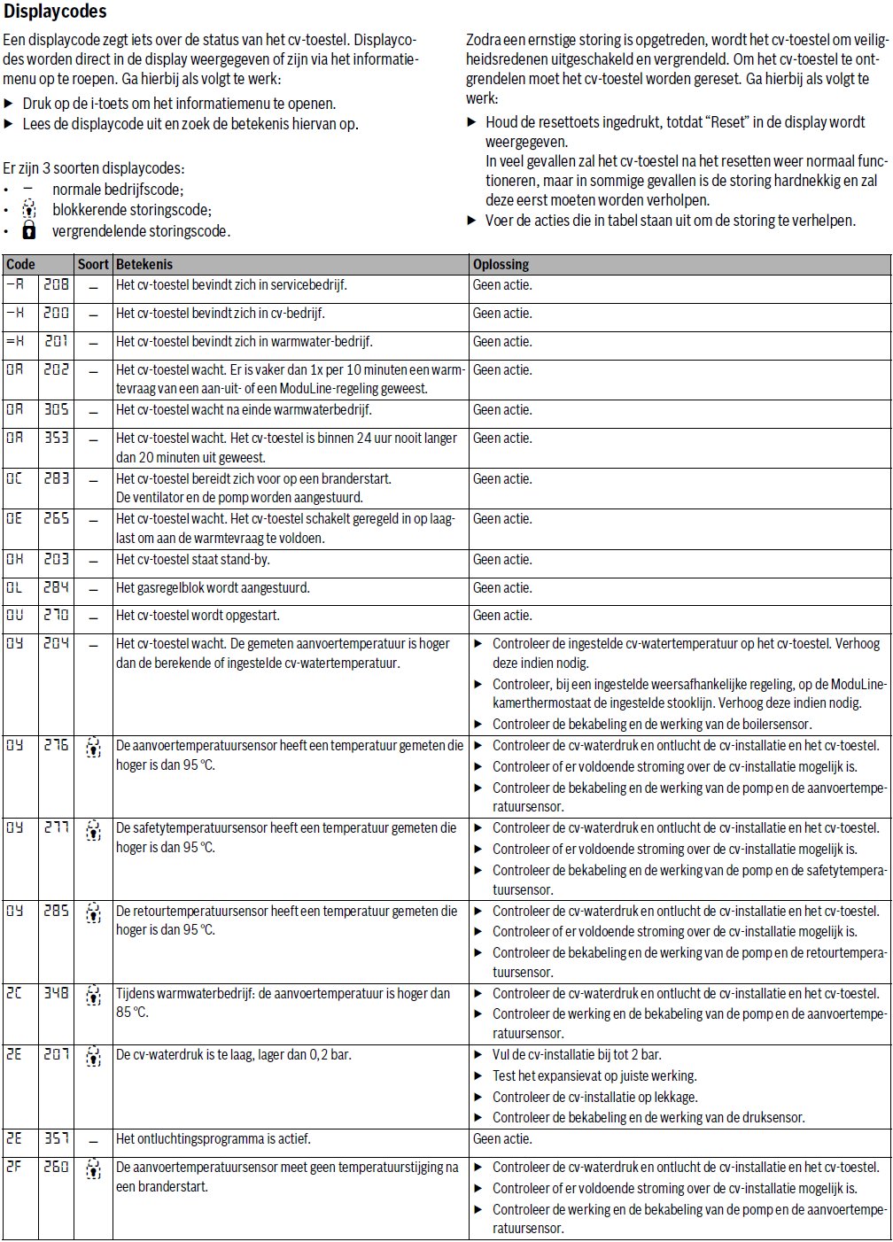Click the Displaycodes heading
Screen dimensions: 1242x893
coord(55,12)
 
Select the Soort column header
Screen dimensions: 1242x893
coord(93,264)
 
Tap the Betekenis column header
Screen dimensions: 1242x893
coord(144,264)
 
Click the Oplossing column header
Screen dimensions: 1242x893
coord(501,264)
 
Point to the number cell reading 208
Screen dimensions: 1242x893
coord(56,285)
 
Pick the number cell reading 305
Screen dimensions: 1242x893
coord(56,409)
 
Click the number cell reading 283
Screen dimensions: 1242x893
coord(56,478)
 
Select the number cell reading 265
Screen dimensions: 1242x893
coord(56,519)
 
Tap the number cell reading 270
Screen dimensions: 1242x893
coord(56,615)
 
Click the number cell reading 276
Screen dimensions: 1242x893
coord(56,746)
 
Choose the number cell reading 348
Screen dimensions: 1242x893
coord(56,994)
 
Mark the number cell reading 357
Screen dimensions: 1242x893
coord(56,1138)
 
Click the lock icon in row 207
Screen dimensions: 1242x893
coord(93,1056)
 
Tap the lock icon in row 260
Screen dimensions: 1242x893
coord(93,1168)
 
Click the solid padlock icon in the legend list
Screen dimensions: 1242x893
coord(29,231)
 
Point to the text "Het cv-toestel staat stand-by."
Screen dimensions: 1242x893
coord(193,560)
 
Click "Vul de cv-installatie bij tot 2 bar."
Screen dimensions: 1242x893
coord(577,1055)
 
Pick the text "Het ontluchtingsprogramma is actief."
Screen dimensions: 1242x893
coord(214,1139)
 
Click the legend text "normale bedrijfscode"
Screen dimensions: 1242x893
coord(117,190)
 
